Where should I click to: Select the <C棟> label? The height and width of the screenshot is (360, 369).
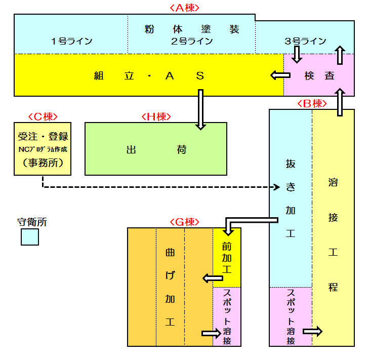[42, 116]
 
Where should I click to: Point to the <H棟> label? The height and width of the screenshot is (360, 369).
[156, 116]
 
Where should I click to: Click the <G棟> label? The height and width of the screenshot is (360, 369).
[184, 222]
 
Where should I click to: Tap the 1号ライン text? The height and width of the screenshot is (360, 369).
[72, 42]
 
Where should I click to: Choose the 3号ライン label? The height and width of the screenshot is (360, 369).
[306, 42]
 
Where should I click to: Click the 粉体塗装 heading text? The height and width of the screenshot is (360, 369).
[192, 29]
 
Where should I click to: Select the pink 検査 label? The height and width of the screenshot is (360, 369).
[319, 76]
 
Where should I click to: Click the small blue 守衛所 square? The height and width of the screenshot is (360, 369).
[30, 236]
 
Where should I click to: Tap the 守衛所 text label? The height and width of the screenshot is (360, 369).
[32, 222]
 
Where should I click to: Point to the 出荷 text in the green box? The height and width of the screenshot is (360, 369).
[156, 150]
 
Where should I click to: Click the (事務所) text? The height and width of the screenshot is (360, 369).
[43, 163]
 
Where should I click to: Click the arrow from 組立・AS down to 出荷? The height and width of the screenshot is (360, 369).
[201, 109]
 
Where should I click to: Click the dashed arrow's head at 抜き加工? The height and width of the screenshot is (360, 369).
[276, 187]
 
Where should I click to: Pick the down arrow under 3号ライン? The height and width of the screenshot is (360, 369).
[298, 53]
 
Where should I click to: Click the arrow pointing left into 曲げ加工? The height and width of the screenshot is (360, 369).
[213, 278]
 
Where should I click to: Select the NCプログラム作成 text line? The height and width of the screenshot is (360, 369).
[43, 149]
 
